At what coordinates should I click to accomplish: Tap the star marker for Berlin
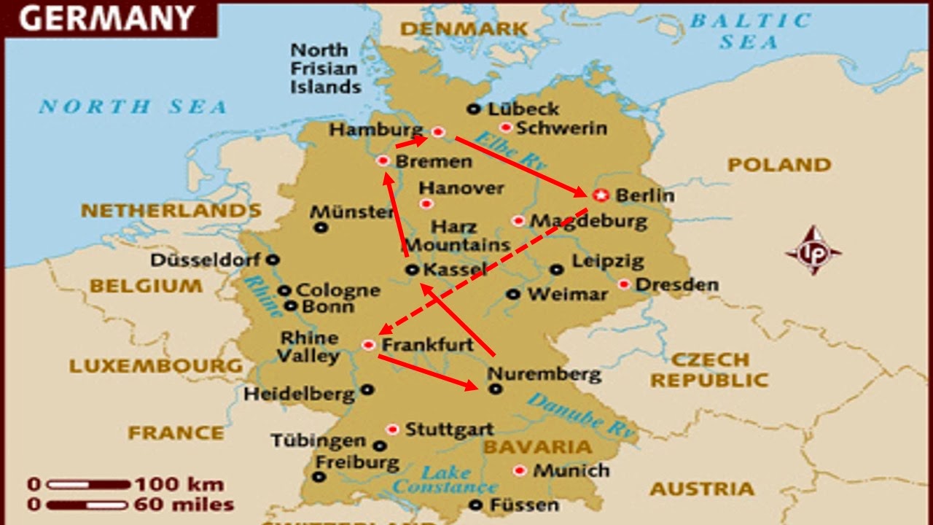(600, 195)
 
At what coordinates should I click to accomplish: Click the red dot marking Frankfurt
(369, 344)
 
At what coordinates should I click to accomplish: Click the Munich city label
(571, 470)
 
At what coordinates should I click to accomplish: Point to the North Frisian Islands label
(325, 69)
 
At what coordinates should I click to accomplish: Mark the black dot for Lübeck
(474, 109)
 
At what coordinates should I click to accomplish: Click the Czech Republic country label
(708, 370)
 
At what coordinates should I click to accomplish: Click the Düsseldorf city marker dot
(273, 259)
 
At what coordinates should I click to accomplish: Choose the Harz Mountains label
(457, 236)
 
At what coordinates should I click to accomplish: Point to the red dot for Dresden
(624, 284)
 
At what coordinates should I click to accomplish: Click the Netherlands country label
(171, 211)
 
